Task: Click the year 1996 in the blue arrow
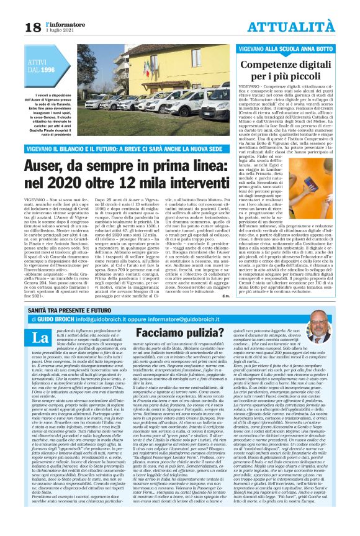[48, 71]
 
